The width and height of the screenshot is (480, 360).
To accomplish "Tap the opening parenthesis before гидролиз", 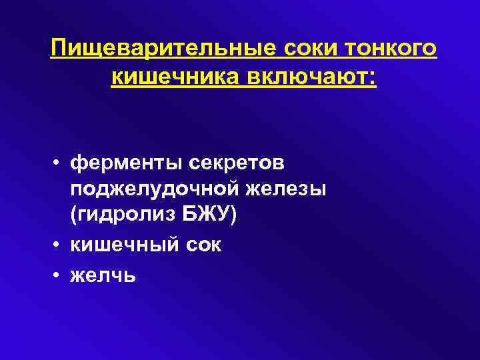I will point(73,217).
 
